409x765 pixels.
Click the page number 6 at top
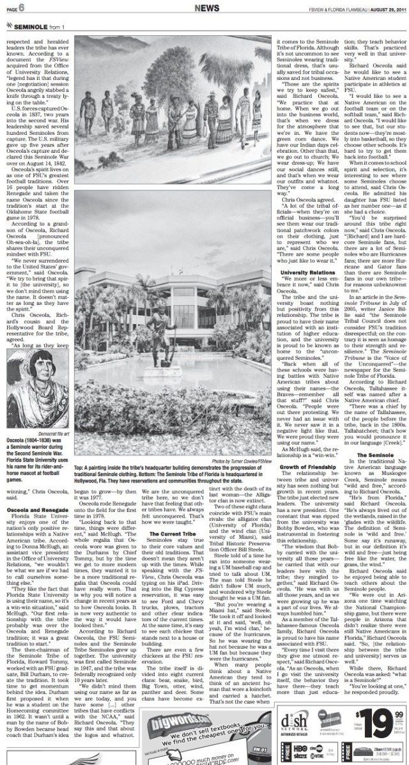tap(22, 7)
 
